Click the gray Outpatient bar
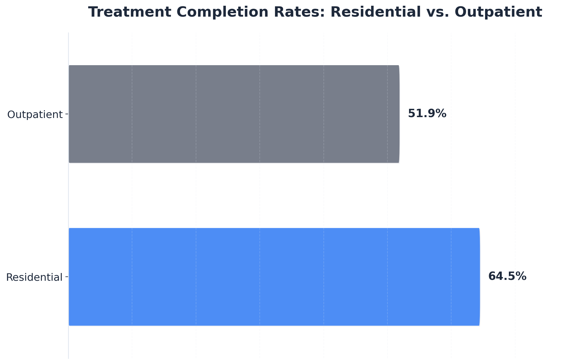[234, 114]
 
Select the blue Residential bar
[274, 277]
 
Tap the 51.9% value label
[427, 114]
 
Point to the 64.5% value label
[507, 276]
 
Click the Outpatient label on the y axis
[35, 115]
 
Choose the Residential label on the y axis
[34, 277]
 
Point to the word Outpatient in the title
[499, 12]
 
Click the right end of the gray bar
[398, 114]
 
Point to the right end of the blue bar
[479, 277]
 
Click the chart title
[315, 12]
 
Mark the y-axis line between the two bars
[68, 195]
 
